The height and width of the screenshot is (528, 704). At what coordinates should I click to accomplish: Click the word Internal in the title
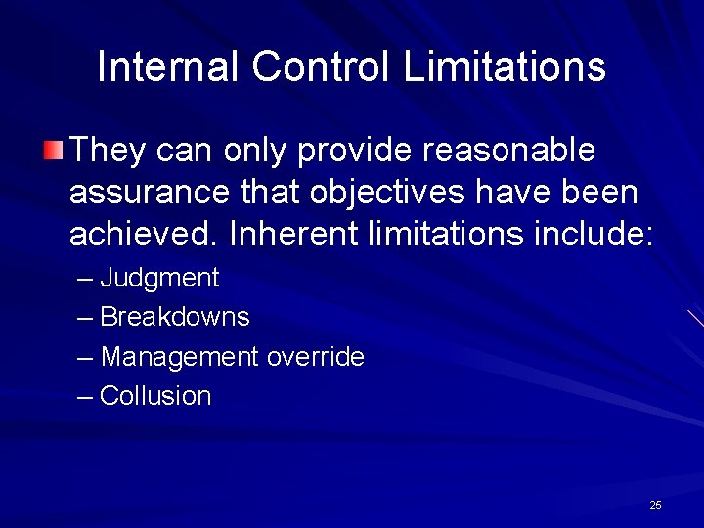[168, 67]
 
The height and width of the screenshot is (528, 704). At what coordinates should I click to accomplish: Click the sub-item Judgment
[159, 279]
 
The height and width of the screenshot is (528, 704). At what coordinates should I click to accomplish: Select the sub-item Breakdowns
[175, 318]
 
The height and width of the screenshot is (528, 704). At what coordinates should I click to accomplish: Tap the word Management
[179, 358]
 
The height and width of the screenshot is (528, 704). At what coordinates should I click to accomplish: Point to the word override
[316, 357]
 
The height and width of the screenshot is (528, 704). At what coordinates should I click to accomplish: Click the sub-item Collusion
[155, 396]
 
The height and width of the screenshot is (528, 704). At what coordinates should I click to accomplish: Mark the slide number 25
[655, 506]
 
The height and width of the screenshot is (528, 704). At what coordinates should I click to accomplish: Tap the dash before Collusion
[86, 397]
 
